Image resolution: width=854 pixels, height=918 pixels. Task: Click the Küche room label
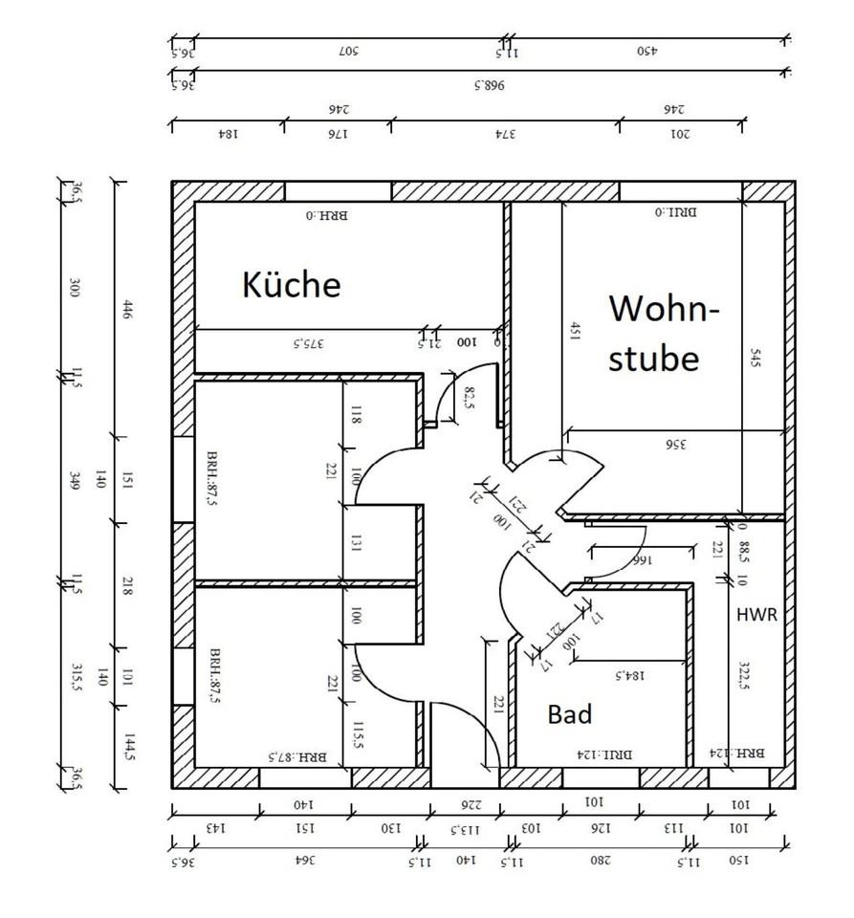pos(292,284)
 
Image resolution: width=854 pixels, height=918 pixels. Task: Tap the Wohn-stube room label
pos(664,334)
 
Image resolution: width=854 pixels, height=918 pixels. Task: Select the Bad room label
pos(570,713)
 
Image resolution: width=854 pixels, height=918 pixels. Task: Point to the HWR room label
pos(756,615)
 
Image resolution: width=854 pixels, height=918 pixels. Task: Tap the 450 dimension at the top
pos(648,51)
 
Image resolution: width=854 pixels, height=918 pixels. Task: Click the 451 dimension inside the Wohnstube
pos(574,331)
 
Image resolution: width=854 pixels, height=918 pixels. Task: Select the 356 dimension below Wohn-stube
pos(678,443)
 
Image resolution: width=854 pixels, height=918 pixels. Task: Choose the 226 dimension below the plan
pos(469,806)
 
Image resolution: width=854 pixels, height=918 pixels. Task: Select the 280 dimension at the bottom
pos(600,860)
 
